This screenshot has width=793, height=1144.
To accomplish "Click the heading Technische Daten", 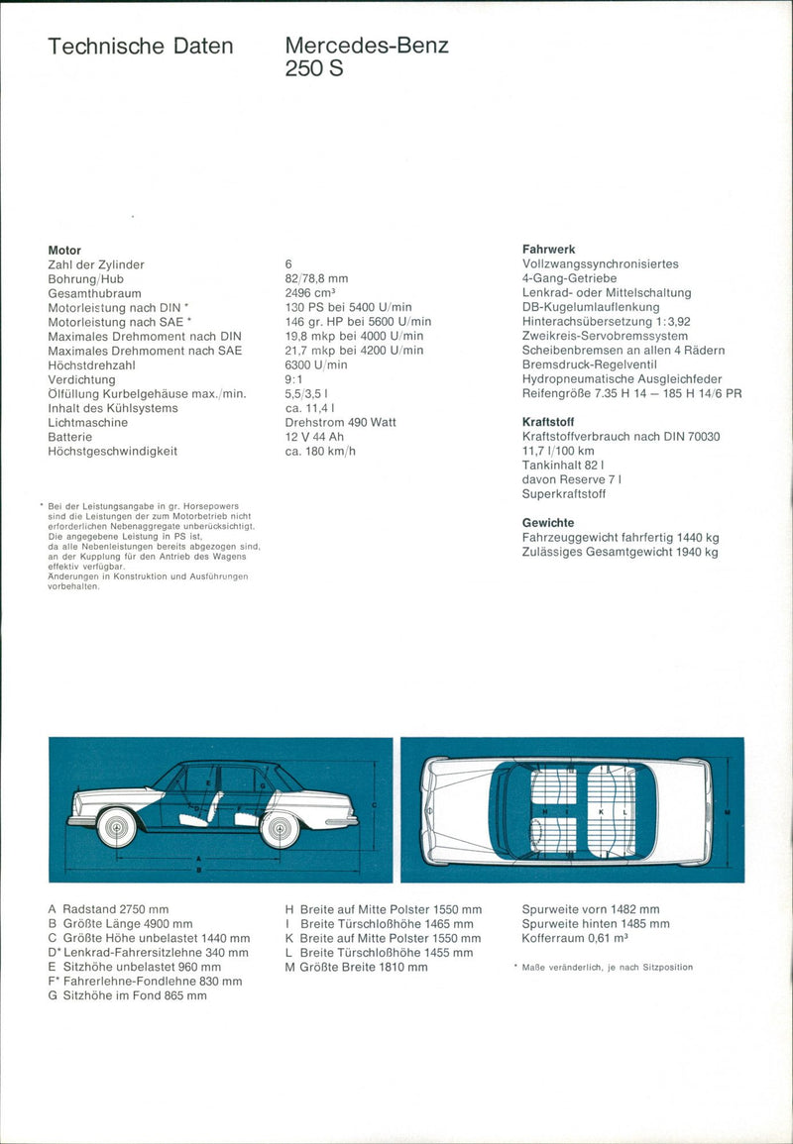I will (x=140, y=47).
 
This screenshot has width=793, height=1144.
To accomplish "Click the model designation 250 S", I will (x=314, y=70).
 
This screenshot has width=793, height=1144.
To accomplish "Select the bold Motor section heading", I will (x=64, y=251).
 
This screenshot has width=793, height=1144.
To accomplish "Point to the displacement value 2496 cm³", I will (x=310, y=293).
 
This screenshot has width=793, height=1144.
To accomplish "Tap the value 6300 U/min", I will (x=316, y=364).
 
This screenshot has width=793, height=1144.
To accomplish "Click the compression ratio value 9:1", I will (x=294, y=379).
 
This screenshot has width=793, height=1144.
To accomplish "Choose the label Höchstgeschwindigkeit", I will (x=112, y=451).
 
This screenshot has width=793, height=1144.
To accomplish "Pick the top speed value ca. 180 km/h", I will (x=319, y=451).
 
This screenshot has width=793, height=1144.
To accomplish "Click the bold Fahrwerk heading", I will (x=548, y=250).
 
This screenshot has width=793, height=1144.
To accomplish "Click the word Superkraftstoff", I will (x=564, y=493).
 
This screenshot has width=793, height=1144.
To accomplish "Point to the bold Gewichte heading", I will (x=548, y=522).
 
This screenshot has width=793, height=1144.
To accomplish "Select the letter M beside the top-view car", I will (x=728, y=811).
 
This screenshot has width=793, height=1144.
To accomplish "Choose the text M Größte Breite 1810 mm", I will (x=356, y=967).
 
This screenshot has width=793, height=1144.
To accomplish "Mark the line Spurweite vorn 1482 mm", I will (x=590, y=909).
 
